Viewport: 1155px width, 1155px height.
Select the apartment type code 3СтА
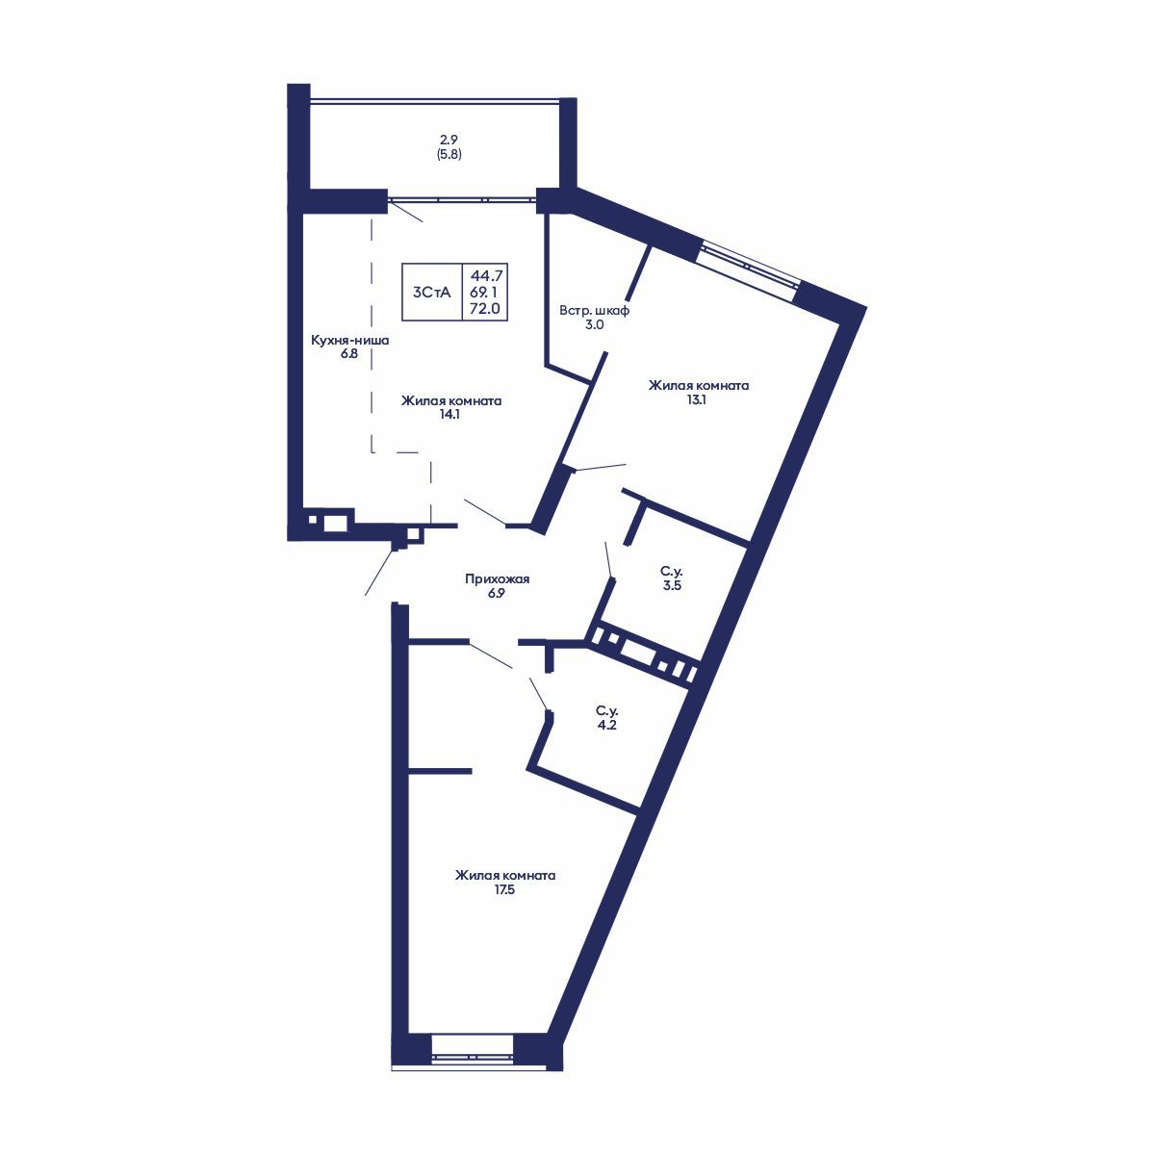431,292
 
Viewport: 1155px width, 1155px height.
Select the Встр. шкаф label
595,311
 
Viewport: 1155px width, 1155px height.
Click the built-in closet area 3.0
595,325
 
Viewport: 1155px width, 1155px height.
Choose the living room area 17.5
505,890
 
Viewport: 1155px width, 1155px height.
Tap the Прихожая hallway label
497,579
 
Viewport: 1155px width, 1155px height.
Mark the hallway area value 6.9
497,594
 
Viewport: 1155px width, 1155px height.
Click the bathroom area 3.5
672,585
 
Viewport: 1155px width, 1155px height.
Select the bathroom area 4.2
605,726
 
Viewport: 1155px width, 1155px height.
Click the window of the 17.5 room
472,1047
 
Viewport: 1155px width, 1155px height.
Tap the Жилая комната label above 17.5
505,876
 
